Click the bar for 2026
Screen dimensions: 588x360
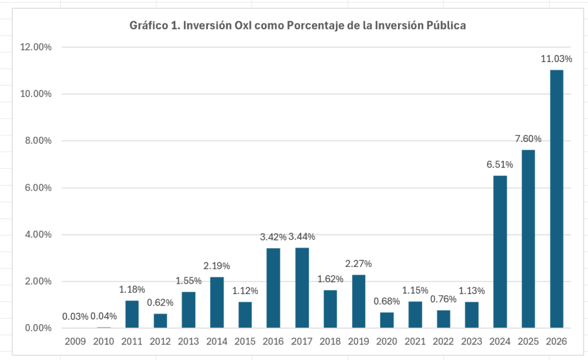click(556, 199)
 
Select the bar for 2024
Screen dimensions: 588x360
click(500, 251)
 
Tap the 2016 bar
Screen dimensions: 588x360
click(273, 288)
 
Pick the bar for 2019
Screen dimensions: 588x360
click(358, 301)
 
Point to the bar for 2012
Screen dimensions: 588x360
click(160, 320)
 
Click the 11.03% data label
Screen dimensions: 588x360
click(556, 59)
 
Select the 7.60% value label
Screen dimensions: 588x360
click(528, 139)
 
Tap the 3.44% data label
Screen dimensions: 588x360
click(302, 237)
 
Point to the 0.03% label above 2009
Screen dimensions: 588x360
click(75, 316)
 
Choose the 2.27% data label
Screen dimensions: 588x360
click(358, 264)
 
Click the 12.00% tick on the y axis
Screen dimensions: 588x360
click(36, 47)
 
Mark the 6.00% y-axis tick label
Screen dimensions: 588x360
click(38, 188)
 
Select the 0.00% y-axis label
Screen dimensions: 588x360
click(38, 328)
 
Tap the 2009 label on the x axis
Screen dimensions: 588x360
click(75, 341)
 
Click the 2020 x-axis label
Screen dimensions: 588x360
click(386, 341)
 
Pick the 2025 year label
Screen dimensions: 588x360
click(528, 341)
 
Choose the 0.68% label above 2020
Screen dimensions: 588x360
click(386, 301)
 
